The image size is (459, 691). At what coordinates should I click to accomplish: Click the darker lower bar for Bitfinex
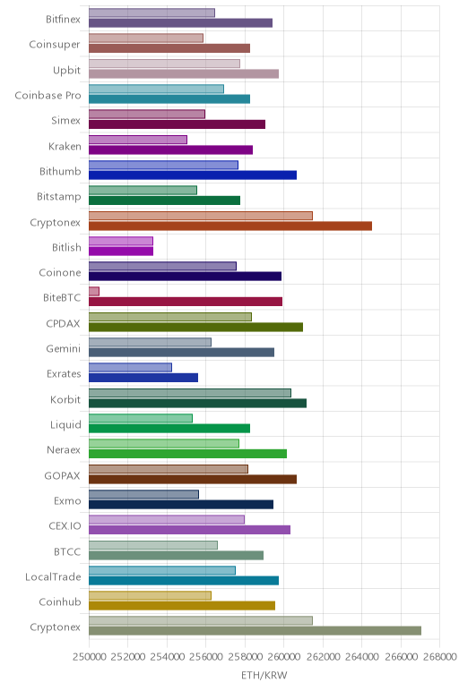click(x=180, y=23)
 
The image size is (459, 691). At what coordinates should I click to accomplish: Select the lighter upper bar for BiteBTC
click(x=94, y=291)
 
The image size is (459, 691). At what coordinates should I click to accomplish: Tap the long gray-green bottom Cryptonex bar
click(x=255, y=631)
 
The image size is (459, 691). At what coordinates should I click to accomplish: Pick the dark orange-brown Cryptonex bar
click(x=230, y=226)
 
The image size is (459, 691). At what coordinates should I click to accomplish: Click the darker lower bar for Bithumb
click(x=193, y=175)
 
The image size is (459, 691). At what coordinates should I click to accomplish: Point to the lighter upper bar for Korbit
click(x=190, y=393)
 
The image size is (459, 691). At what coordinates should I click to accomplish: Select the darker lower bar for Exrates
click(x=143, y=378)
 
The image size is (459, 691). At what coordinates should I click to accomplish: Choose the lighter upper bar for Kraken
click(x=138, y=140)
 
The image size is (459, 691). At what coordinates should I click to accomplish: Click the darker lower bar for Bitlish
click(x=121, y=252)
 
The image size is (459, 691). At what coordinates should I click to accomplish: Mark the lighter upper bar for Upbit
click(x=164, y=64)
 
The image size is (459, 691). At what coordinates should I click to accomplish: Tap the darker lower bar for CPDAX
click(x=196, y=327)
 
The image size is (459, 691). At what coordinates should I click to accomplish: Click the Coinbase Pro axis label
click(x=48, y=95)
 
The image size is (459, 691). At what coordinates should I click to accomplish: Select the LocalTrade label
click(x=53, y=576)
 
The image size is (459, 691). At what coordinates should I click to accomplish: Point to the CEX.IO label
click(x=65, y=526)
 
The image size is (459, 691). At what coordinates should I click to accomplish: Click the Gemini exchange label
click(x=64, y=348)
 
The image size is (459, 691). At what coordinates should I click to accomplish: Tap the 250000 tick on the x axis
click(x=90, y=657)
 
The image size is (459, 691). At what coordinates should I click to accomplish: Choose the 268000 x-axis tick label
click(x=439, y=657)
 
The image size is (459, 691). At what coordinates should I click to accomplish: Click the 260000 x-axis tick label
click(x=284, y=657)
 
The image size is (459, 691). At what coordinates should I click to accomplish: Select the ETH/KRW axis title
click(x=264, y=675)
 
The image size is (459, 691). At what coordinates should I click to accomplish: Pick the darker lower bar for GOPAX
click(x=193, y=480)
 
